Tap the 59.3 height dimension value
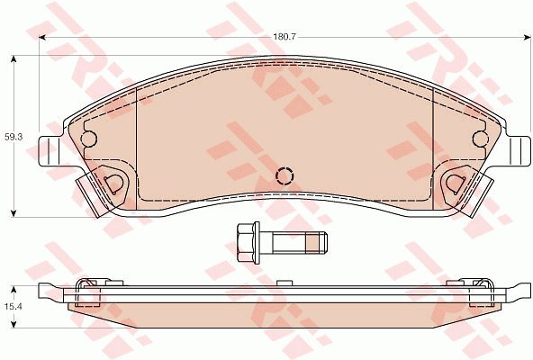coord(14,138)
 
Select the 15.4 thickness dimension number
coord(14,306)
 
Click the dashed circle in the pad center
coord(285,175)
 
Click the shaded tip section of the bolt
coord(312,243)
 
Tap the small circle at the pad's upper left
coord(89,139)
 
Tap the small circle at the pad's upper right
coord(481,139)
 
